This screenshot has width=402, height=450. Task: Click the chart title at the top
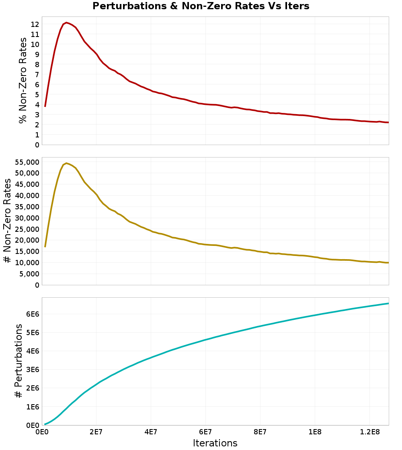pyautogui.click(x=201, y=6)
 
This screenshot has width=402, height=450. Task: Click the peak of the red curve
pyautogui.click(x=66, y=22)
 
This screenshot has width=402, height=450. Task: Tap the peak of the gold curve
pyautogui.click(x=66, y=163)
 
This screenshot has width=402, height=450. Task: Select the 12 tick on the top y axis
pyautogui.click(x=35, y=24)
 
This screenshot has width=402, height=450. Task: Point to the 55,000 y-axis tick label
pyautogui.click(x=25, y=162)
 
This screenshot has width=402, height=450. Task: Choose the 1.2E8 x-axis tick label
pyautogui.click(x=369, y=432)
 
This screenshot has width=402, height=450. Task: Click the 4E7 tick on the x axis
pyautogui.click(x=151, y=432)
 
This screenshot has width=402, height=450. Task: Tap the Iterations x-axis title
pyautogui.click(x=215, y=443)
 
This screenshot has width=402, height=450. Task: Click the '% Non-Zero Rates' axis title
pyautogui.click(x=23, y=80)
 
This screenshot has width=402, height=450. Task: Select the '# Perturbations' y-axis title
pyautogui.click(x=18, y=361)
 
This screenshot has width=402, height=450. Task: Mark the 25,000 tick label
pyautogui.click(x=25, y=229)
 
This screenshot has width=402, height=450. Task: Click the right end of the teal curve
pyautogui.click(x=388, y=303)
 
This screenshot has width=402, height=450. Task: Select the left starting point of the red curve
pyautogui.click(x=45, y=106)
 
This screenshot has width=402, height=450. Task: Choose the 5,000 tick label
pyautogui.click(x=29, y=274)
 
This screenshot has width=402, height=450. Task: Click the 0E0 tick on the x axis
pyautogui.click(x=42, y=432)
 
